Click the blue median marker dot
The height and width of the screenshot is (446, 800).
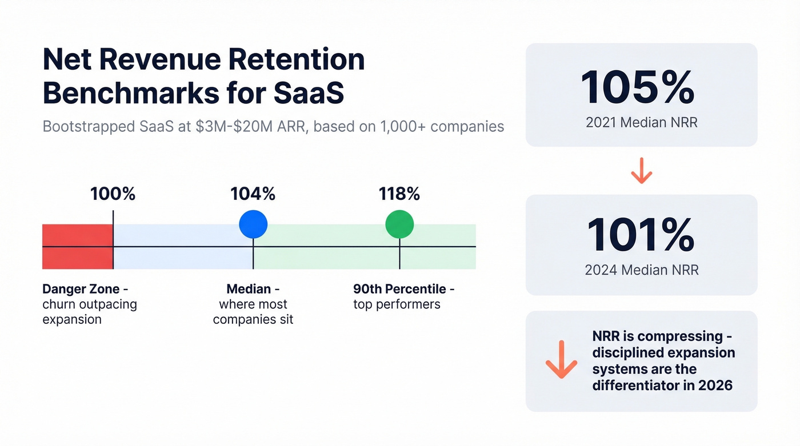[253, 224]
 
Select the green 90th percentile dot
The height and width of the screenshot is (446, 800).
[399, 224]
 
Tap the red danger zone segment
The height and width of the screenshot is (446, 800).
[77, 247]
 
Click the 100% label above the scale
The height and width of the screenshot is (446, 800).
[113, 194]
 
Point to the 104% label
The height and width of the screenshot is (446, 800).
[253, 194]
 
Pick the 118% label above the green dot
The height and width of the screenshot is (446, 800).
[399, 194]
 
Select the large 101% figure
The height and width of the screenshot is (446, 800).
[641, 235]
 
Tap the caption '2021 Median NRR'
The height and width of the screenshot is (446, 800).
[641, 122]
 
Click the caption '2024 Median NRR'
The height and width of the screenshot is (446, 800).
[641, 270]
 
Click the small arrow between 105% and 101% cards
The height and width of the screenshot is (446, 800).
[642, 170]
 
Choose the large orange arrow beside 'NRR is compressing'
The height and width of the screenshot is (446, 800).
[561, 360]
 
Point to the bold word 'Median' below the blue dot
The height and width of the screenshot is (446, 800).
[249, 289]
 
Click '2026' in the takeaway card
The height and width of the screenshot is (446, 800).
[715, 385]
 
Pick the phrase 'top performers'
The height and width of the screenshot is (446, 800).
[397, 304]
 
